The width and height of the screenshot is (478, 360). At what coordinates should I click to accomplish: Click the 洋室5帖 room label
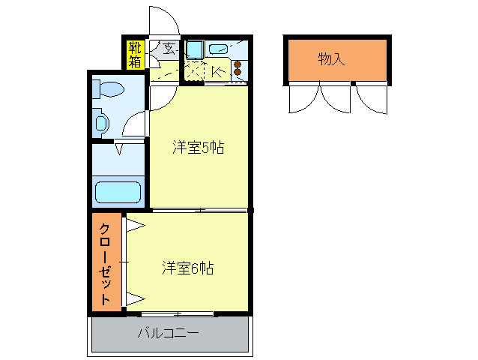(x=198, y=148)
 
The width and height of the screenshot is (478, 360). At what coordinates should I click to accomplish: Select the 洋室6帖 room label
(x=188, y=268)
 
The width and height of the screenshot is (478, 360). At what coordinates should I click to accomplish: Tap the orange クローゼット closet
(x=106, y=262)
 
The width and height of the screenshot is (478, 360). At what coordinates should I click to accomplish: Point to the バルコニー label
(x=168, y=333)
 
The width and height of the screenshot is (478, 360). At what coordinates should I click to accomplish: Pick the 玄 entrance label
(x=169, y=50)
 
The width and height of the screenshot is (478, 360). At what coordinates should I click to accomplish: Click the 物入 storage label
(x=331, y=59)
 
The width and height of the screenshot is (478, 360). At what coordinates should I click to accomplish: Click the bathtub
(x=118, y=193)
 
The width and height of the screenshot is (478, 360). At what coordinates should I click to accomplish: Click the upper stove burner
(x=238, y=64)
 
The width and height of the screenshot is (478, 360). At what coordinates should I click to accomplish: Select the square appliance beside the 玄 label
(x=193, y=50)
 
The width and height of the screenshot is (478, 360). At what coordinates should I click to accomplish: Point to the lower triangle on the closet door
(x=135, y=298)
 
